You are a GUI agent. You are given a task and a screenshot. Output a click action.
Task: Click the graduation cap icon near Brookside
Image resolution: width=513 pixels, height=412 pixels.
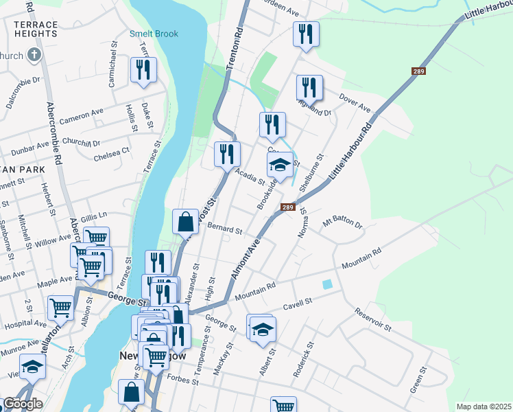click(279, 165)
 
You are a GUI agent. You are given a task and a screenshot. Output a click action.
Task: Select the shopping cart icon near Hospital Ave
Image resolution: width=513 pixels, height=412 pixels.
click(61, 308)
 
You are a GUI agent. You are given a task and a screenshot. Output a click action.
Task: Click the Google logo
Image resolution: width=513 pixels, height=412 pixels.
click(23, 404)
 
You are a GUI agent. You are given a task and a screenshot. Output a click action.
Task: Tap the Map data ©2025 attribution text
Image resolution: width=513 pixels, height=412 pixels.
click(483, 407)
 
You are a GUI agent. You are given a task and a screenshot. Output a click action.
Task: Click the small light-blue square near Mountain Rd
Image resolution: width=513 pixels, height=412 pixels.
click(327, 284)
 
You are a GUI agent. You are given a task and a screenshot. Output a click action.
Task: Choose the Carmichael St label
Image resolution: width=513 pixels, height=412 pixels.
click(112, 67)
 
